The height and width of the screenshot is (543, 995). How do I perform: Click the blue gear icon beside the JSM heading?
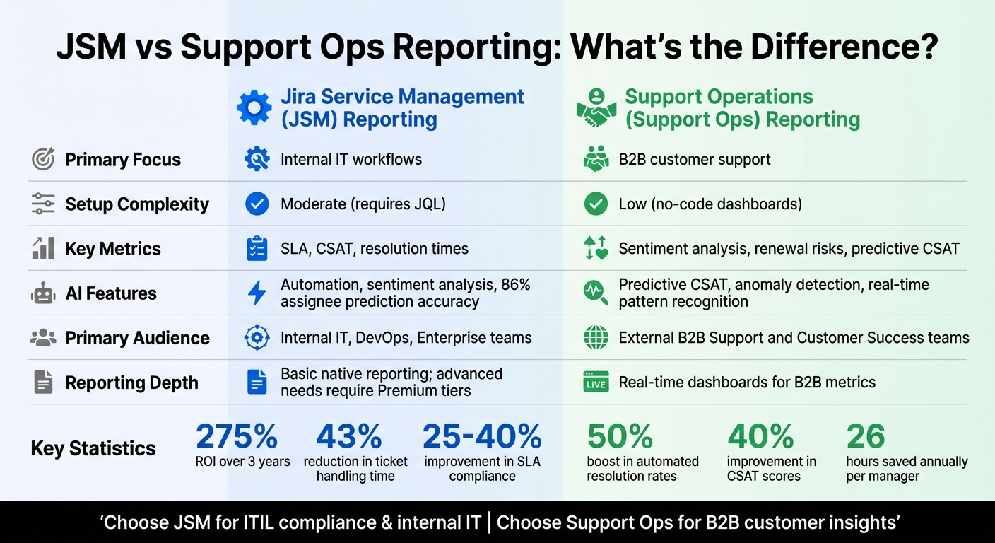[254, 107]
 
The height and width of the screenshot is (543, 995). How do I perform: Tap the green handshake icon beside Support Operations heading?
[596, 108]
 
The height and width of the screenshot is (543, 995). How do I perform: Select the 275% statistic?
[237, 437]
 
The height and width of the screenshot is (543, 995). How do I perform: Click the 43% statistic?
[349, 437]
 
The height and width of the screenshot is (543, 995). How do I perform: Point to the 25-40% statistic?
[482, 437]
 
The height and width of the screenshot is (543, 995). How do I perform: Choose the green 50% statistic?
[620, 437]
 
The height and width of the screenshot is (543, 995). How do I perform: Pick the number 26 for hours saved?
[866, 437]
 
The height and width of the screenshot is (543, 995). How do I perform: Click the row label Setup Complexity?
[137, 204]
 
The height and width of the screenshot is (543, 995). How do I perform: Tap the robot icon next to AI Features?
[43, 293]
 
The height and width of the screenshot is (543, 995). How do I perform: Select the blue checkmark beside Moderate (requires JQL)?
[257, 204]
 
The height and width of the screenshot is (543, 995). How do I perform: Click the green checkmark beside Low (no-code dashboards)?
[596, 204]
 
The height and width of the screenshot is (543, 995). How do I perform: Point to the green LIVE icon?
[596, 383]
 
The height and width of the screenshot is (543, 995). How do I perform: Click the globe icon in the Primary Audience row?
[596, 338]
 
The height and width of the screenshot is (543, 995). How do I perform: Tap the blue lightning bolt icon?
[257, 293]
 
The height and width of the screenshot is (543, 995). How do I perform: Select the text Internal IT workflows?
[351, 160]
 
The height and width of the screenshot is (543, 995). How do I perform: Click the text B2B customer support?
[695, 160]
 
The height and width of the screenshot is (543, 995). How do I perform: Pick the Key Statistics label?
[93, 448]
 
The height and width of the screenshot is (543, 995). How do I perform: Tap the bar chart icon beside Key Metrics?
[43, 248]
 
